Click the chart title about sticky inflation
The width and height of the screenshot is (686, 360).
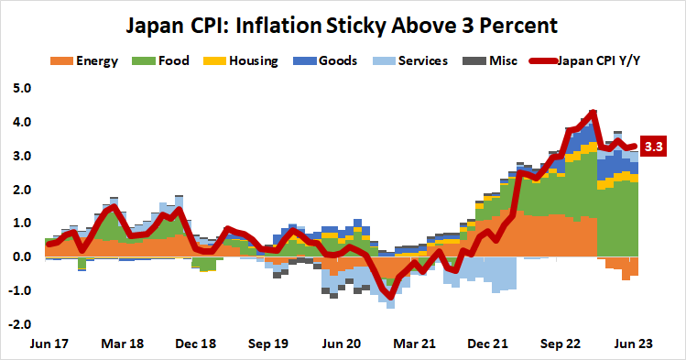tap(343, 21)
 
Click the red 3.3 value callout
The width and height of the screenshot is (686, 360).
tap(654, 146)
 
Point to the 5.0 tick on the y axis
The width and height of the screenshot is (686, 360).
tap(22, 89)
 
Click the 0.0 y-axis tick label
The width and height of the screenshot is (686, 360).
tap(22, 257)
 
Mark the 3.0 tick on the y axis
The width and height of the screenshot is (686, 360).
tap(22, 157)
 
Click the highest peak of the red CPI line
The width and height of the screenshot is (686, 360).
tap(593, 112)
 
